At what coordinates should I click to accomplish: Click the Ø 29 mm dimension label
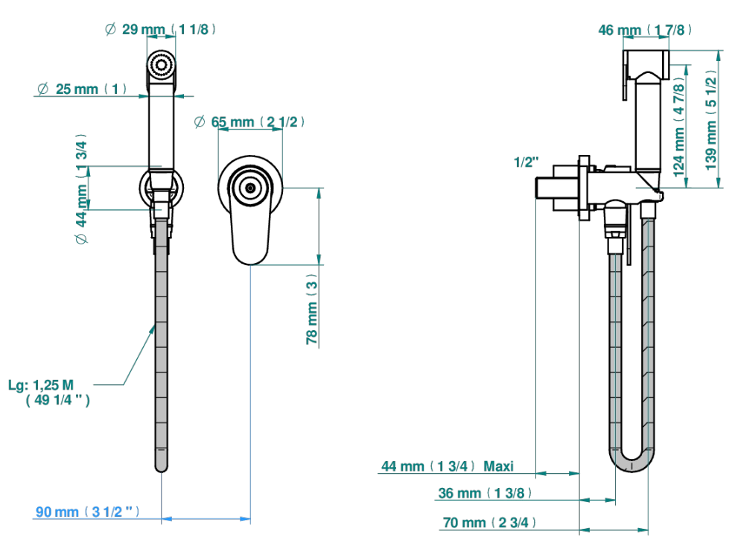(x=160, y=30)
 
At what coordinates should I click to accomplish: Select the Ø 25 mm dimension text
(x=82, y=89)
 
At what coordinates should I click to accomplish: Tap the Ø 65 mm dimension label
(x=249, y=122)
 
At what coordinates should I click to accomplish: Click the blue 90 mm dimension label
(x=88, y=512)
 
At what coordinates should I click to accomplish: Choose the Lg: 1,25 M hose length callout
(x=48, y=393)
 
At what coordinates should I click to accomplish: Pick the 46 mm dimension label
(x=645, y=30)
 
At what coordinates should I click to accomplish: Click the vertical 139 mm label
(x=711, y=121)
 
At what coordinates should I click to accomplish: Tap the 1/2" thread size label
(x=526, y=162)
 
